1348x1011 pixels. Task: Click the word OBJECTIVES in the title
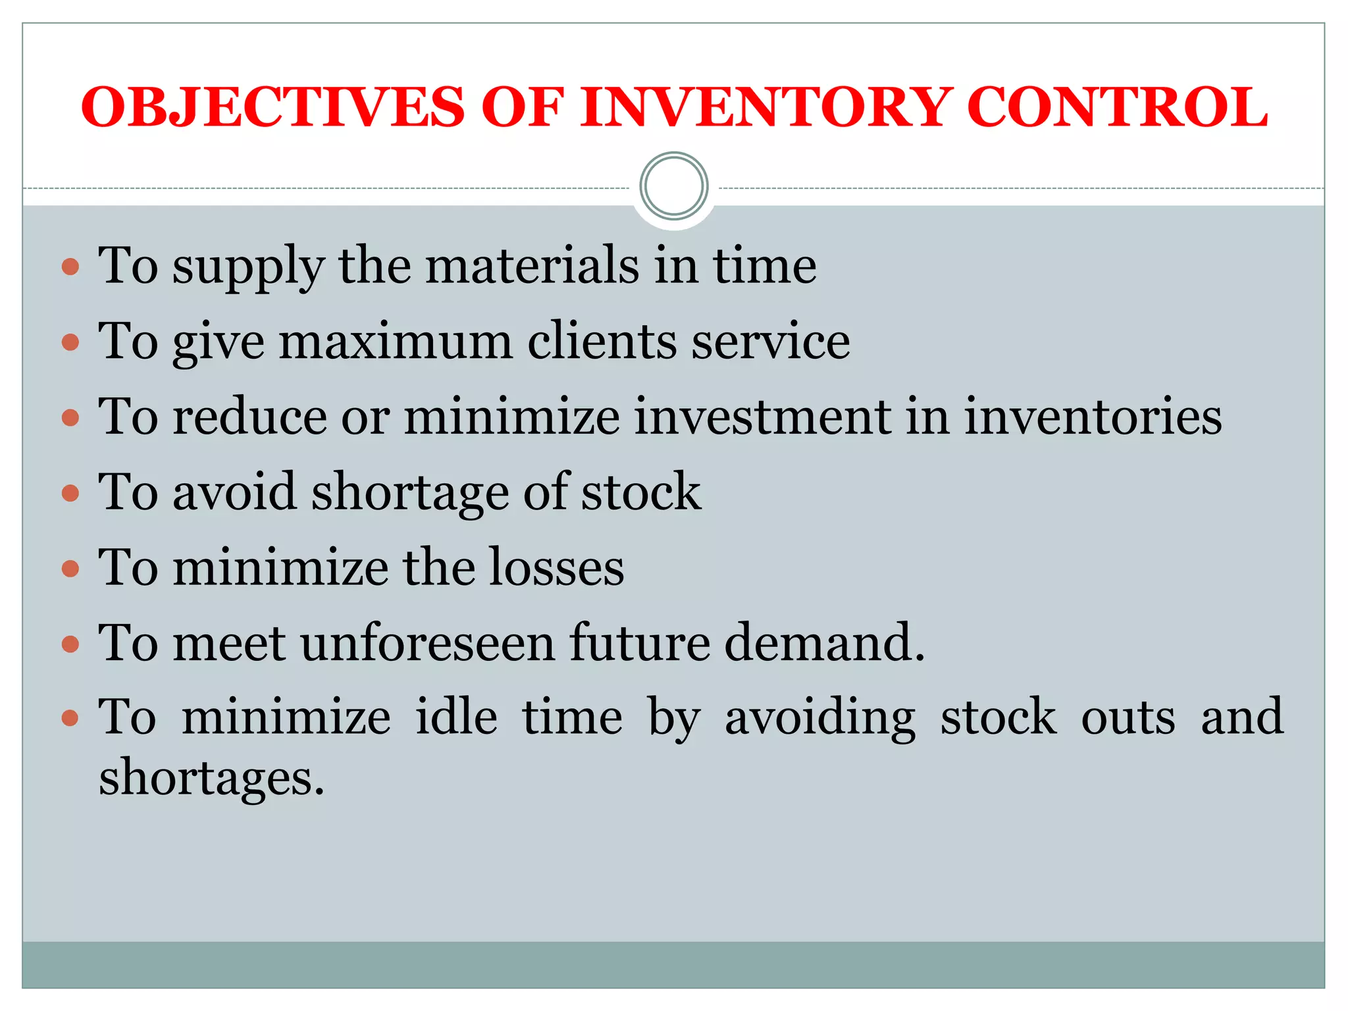(x=273, y=107)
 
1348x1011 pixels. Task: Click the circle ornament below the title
(x=673, y=186)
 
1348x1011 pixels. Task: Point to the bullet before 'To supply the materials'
(x=70, y=267)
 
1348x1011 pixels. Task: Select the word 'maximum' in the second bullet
(x=396, y=342)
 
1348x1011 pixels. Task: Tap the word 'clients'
(x=602, y=342)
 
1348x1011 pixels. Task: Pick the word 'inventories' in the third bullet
(x=1093, y=417)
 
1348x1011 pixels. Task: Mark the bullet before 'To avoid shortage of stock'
(x=70, y=493)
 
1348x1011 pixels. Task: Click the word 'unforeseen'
(x=428, y=642)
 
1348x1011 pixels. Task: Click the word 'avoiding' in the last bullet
(x=819, y=718)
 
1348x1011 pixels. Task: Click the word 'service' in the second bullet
(x=770, y=342)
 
